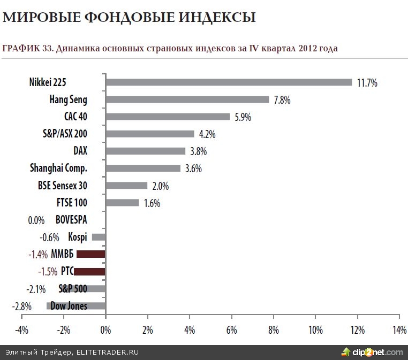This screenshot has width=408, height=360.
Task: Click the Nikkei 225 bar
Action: point(229,82)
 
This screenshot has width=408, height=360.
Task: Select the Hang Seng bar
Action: point(187,99)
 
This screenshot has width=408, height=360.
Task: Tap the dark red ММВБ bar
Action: point(91,254)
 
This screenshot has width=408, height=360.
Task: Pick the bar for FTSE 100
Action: point(122,203)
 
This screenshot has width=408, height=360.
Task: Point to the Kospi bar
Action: point(99,237)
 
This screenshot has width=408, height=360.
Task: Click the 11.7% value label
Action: point(367,83)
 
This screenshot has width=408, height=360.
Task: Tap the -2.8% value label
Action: point(21,307)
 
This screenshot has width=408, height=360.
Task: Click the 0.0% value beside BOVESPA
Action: point(35,220)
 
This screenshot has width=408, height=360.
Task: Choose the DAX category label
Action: point(80,151)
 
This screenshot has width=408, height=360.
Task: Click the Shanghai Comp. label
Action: point(58,168)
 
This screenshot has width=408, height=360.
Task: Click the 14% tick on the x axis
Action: point(399,330)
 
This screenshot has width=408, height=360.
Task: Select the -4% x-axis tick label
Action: point(21,330)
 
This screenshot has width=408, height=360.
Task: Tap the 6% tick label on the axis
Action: point(231,330)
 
